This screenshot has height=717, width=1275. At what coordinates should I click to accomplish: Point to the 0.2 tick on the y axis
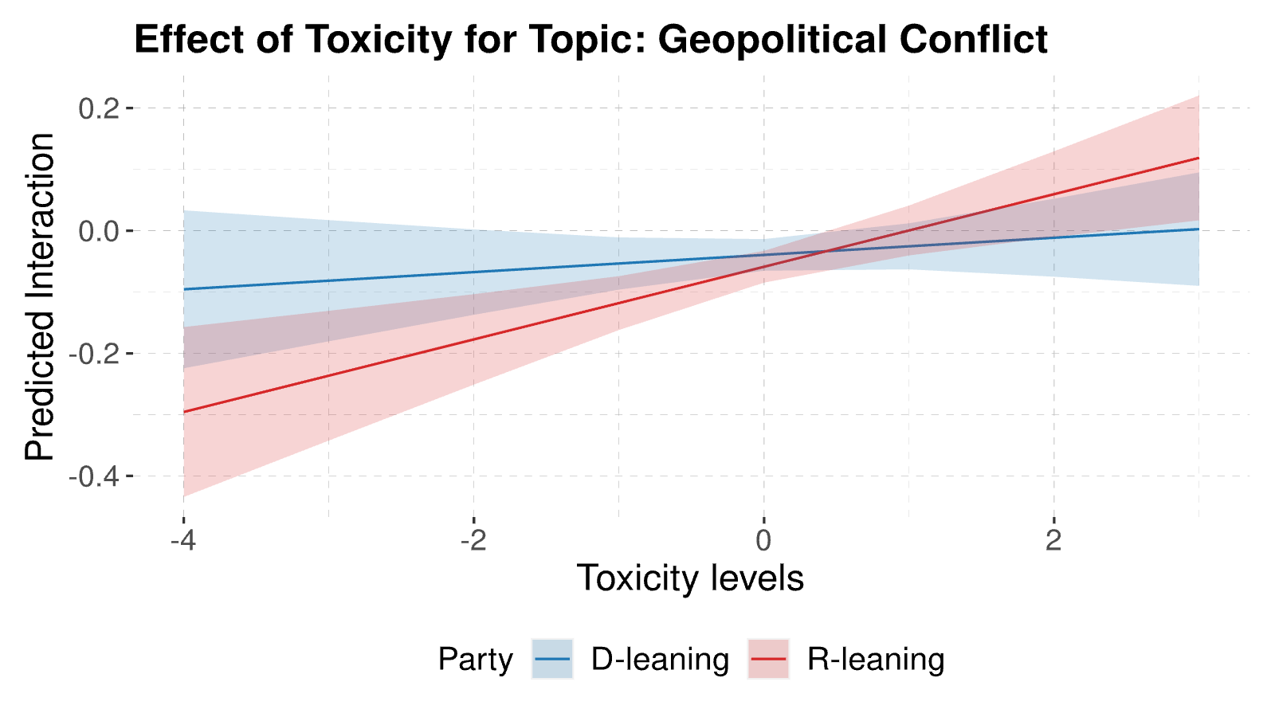(x=99, y=108)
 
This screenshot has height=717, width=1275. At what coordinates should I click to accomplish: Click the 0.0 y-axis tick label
(x=99, y=231)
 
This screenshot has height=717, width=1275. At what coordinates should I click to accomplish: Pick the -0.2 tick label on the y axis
(x=94, y=354)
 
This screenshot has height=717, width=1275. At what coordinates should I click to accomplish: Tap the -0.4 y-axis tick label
(x=94, y=476)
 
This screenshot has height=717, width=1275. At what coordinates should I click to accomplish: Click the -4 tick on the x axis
(x=183, y=541)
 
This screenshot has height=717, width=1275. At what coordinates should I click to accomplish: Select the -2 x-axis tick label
(x=473, y=541)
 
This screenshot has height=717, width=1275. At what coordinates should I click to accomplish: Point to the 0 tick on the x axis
(x=763, y=541)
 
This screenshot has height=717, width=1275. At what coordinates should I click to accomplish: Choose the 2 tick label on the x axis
(x=1053, y=541)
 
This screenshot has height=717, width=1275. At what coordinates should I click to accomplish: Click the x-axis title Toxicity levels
(x=690, y=578)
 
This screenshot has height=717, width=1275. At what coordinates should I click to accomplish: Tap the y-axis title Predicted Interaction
(x=40, y=296)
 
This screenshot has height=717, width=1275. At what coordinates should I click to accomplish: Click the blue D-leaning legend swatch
(x=552, y=659)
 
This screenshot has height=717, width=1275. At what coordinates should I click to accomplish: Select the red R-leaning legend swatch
(x=768, y=659)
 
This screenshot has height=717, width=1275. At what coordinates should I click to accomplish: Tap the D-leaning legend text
(x=660, y=660)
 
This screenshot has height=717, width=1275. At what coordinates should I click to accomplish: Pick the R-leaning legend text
(x=876, y=660)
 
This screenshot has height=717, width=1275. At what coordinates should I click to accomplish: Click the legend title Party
(x=475, y=660)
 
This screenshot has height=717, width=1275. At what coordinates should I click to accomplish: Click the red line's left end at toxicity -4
(x=184, y=412)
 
